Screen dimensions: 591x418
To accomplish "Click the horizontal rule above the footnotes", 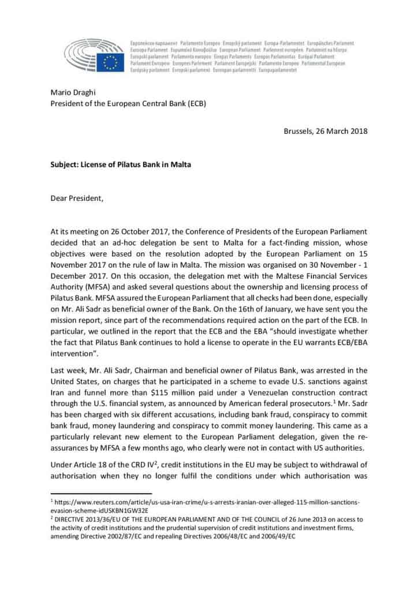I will pos(101,494).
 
